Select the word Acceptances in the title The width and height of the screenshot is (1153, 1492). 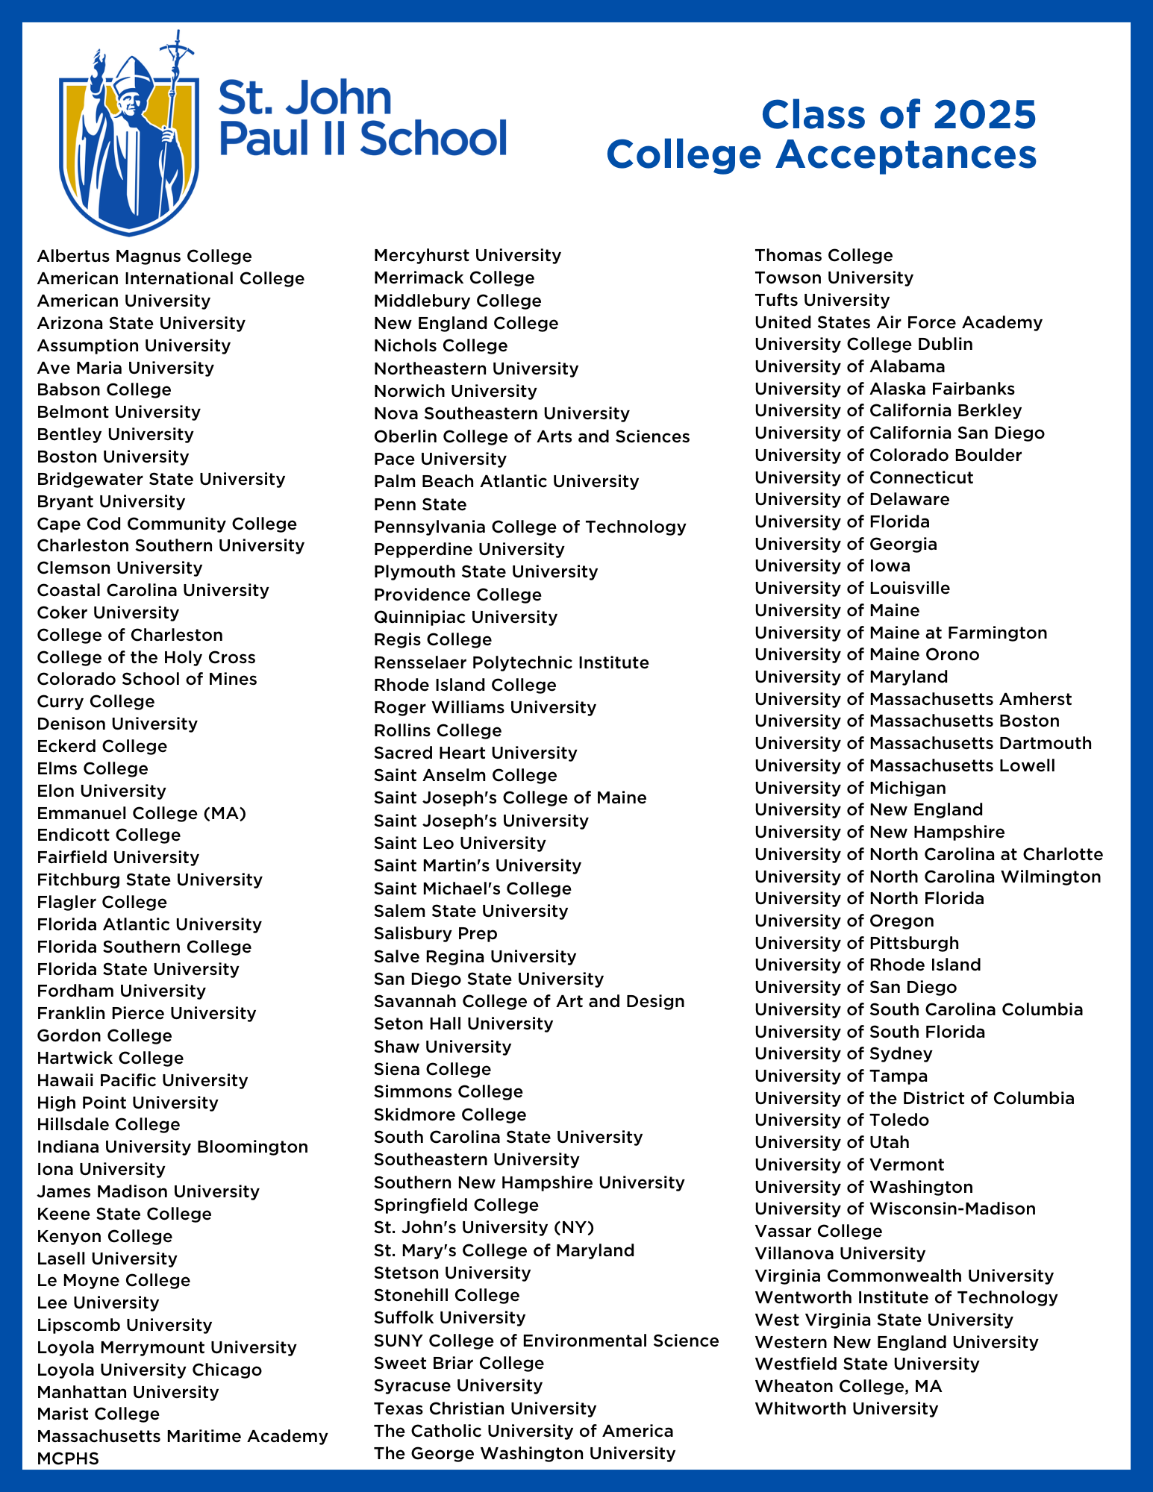pos(906,155)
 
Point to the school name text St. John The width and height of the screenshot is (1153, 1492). pos(305,99)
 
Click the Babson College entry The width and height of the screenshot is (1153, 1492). pos(104,389)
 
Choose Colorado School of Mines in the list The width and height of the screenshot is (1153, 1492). pos(147,679)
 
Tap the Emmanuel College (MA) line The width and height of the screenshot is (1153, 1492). pos(142,812)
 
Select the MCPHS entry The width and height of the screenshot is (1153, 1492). pos(68,1458)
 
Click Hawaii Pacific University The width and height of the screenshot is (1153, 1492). pos(143,1080)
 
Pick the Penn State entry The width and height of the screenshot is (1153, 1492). pos(420,504)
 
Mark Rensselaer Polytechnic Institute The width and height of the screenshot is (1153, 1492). pos(511,662)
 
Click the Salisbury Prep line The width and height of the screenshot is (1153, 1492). pos(435,933)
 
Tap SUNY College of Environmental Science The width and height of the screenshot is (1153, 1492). pos(546,1341)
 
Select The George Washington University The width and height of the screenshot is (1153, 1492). pos(525,1453)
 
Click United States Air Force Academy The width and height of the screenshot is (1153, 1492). pos(899,322)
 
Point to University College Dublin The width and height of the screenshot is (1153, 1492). pos(863,344)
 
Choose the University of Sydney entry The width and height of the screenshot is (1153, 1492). pos(843,1053)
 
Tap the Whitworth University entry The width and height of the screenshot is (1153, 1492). pos(846,1408)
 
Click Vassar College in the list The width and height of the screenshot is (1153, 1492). pos(818,1231)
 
